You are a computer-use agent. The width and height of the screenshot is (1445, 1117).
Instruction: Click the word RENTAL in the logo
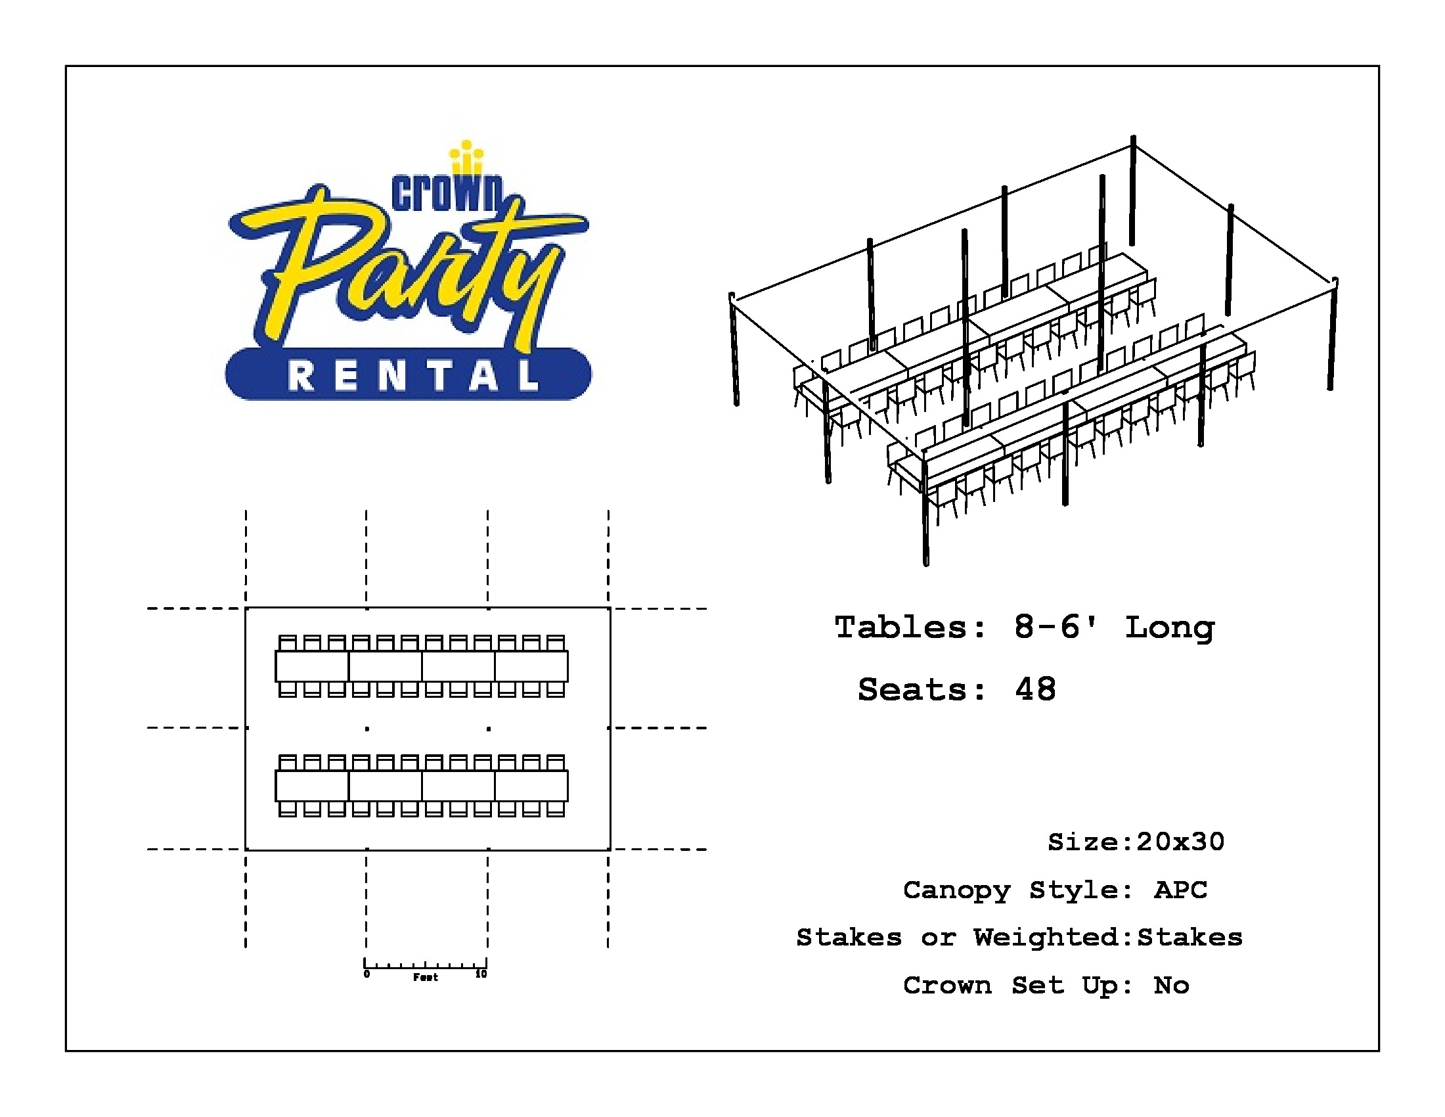413,376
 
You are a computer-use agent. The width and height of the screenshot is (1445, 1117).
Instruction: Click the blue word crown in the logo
448,193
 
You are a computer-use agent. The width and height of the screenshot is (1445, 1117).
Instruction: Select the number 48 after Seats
1035,689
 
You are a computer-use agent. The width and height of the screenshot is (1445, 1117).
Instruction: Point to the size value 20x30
1180,842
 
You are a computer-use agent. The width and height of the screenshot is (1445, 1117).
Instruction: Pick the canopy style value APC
1181,890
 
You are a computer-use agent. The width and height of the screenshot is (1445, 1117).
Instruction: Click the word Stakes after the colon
1189,938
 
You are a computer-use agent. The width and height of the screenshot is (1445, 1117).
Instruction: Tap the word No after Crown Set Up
1172,986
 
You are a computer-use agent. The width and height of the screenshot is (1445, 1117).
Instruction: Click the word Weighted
1046,938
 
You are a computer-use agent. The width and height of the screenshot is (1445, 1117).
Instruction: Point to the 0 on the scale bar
367,974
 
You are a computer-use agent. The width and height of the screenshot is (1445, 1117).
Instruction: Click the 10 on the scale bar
481,974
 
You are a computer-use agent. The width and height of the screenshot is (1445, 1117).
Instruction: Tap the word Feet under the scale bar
426,978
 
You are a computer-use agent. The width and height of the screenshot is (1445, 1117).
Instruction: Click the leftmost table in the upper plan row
311,666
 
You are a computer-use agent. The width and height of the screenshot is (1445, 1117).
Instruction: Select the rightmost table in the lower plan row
531,786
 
